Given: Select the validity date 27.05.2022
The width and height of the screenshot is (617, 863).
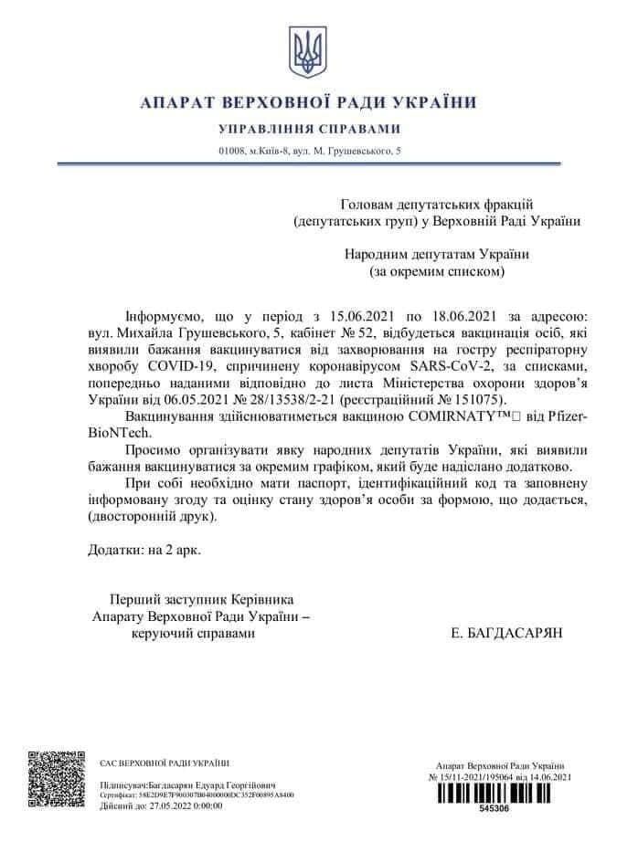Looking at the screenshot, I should point(162,805).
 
